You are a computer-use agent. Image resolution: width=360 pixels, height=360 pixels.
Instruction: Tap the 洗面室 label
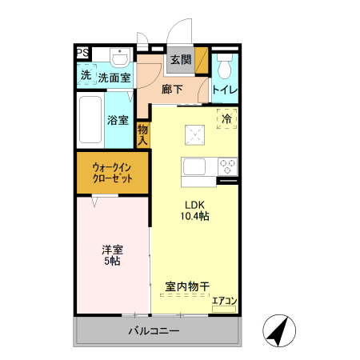pos(114,78)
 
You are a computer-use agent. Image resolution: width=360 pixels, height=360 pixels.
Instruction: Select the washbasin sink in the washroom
pos(121,58)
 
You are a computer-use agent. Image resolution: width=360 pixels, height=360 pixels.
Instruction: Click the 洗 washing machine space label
pos(85,77)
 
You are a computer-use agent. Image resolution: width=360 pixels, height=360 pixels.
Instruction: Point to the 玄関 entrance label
pos(180,60)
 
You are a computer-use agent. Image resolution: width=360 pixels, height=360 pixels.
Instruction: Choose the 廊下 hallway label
pos(172,89)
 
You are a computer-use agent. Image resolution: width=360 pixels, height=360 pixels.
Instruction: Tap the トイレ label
pos(224,90)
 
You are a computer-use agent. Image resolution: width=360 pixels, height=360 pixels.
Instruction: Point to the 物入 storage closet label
pos(143,134)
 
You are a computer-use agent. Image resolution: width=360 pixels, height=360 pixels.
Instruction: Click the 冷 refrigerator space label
pos(226,119)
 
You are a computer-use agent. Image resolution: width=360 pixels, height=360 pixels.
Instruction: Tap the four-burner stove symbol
pos(228,167)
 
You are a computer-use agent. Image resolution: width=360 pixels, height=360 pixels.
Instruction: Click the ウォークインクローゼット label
pos(112,172)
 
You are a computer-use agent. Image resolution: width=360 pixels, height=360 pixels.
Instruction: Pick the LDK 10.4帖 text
pos(194,210)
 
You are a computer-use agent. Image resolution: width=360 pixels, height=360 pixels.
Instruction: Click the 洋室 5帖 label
pos(110,254)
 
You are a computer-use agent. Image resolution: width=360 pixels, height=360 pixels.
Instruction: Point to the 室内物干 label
pos(188,286)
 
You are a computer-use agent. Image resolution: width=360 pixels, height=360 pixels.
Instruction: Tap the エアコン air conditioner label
pos(224,302)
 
